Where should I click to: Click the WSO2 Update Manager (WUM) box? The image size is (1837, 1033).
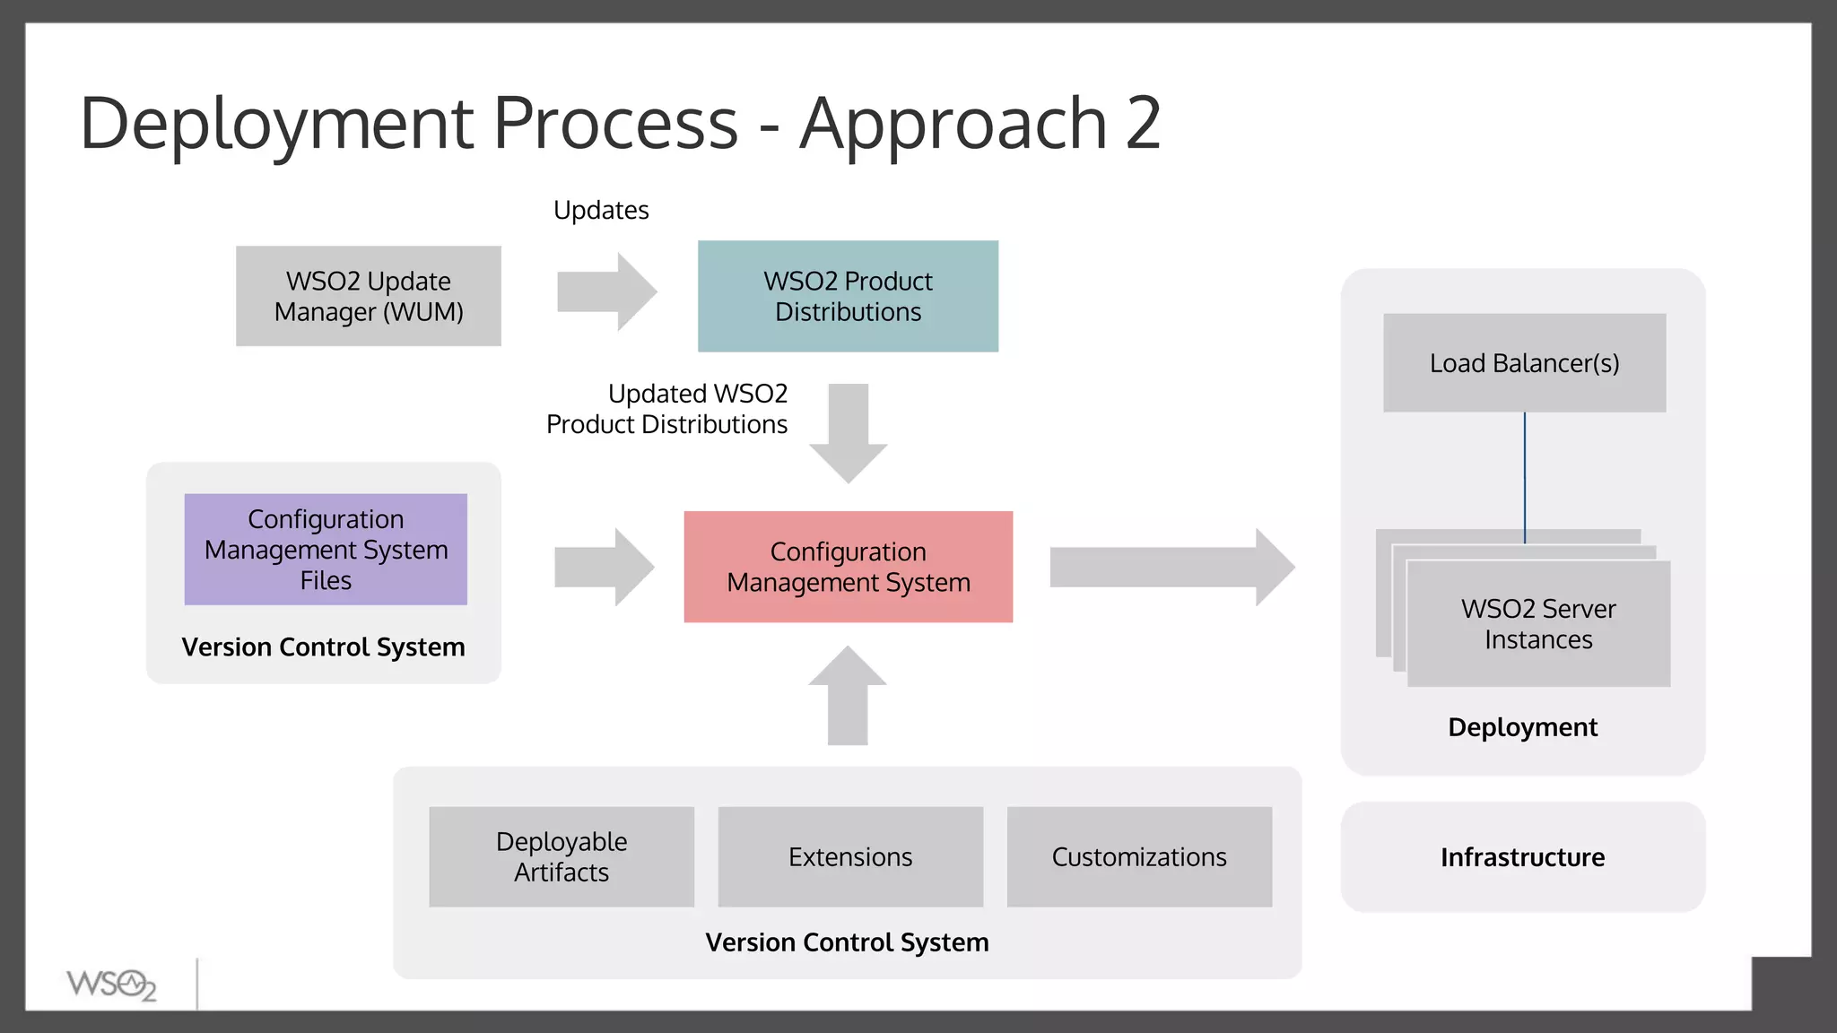tap(369, 296)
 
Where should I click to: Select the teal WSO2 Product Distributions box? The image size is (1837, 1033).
tap(848, 296)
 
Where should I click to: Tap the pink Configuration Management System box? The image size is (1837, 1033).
tap(848, 567)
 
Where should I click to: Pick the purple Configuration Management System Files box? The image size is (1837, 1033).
tap(326, 549)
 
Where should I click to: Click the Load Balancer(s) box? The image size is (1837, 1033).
tap(1524, 363)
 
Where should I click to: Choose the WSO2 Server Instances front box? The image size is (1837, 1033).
tap(1538, 624)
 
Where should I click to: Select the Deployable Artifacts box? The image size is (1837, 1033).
tap(562, 856)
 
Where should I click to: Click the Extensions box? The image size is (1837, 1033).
tap(850, 856)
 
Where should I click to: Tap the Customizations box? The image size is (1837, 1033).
tap(1139, 856)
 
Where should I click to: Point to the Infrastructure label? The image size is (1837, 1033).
tap(1522, 857)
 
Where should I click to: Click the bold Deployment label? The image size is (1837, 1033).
tap(1522, 727)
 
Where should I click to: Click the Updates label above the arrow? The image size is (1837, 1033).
tap(601, 210)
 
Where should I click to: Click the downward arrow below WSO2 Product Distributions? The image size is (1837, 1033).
tap(848, 433)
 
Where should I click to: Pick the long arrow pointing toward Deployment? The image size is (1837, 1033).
tap(1171, 567)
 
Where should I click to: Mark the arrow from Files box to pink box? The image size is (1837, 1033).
tap(604, 567)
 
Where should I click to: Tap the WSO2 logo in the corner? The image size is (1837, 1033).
tap(111, 985)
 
